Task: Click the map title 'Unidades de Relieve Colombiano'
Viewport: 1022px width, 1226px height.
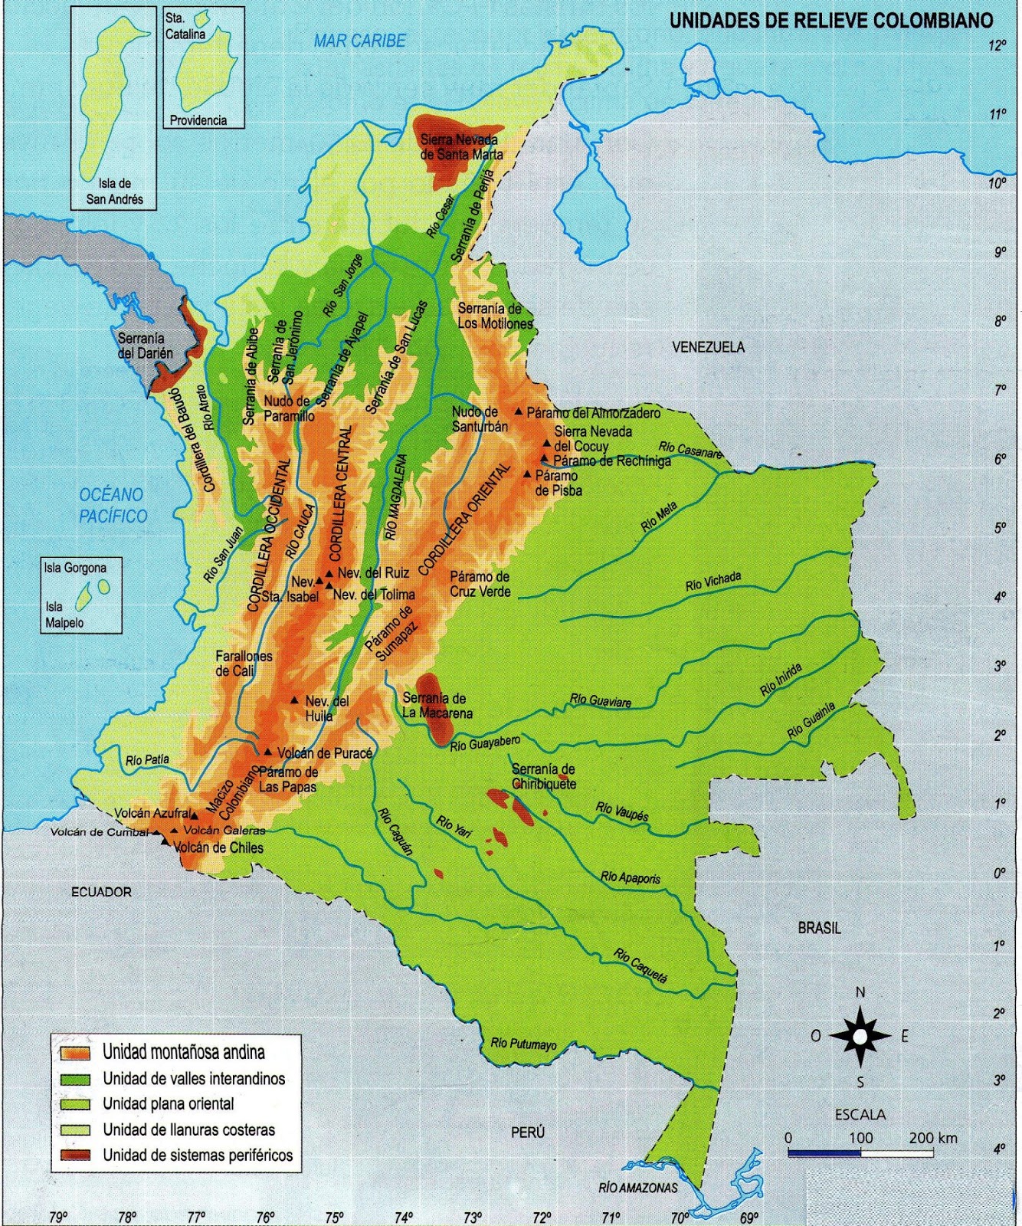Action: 831,21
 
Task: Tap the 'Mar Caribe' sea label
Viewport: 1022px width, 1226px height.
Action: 359,41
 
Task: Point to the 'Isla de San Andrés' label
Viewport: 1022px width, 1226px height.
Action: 114,192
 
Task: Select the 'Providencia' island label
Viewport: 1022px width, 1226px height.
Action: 198,120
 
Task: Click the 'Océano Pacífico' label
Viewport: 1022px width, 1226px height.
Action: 112,505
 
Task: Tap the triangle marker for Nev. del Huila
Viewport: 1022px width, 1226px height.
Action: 294,700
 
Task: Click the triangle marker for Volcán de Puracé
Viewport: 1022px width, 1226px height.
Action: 268,752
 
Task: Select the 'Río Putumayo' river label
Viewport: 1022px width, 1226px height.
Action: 523,1044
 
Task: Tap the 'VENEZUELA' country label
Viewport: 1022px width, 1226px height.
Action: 708,347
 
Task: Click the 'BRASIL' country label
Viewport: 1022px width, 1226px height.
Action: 819,928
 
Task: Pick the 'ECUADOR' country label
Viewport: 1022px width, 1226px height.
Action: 101,892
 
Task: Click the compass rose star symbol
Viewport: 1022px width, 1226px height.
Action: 860,1037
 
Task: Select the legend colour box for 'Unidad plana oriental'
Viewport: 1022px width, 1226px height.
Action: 76,1104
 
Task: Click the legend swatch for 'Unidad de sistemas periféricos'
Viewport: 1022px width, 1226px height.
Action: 76,1156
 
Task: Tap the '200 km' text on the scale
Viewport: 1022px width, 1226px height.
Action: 932,1138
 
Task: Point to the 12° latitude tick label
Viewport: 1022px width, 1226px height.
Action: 997,46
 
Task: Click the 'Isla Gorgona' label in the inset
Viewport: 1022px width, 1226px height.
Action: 75,568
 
